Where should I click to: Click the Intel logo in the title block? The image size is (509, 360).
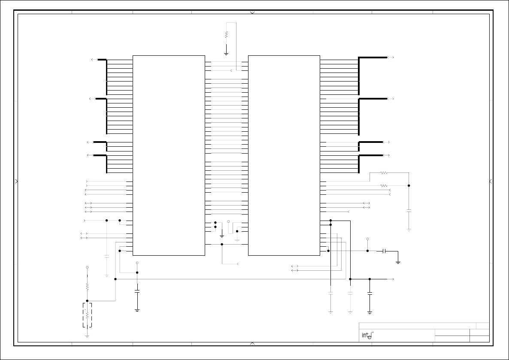coord(366,335)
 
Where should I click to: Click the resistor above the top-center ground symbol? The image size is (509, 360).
coord(226,35)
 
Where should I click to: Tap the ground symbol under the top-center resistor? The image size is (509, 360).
coord(226,54)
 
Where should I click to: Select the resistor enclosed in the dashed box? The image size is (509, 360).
coord(87,315)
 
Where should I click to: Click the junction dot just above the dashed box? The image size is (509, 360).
coord(87,301)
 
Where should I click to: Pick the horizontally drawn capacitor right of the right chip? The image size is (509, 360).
coord(385,251)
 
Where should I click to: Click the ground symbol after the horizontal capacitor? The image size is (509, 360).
coord(398,262)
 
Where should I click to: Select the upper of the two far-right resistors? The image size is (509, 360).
coord(384,173)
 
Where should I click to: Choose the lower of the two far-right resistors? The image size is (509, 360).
coord(384,186)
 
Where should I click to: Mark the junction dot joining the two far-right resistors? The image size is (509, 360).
coord(409,186)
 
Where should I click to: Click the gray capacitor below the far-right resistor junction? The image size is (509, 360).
coord(409,211)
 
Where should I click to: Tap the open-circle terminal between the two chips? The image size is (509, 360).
coord(228,221)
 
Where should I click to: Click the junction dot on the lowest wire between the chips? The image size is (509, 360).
coord(222,245)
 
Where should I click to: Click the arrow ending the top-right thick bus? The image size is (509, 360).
coord(391,57)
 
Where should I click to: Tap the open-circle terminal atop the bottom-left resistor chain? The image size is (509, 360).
coord(87,267)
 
